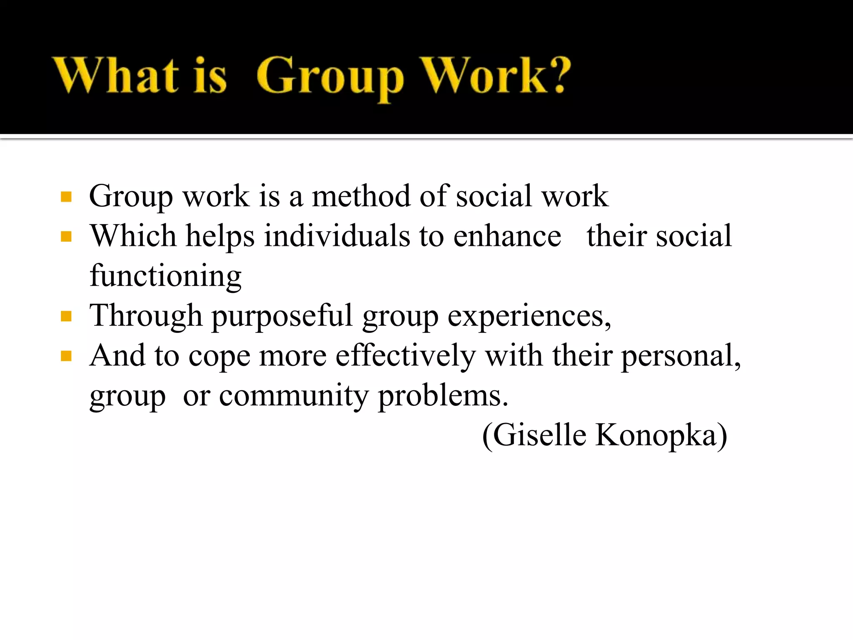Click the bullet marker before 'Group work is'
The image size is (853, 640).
66,197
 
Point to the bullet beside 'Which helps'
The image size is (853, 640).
66,237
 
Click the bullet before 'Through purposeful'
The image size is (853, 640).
66,316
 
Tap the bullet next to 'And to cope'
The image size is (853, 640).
66,356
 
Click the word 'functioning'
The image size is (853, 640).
165,277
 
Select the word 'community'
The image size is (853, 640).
294,396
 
